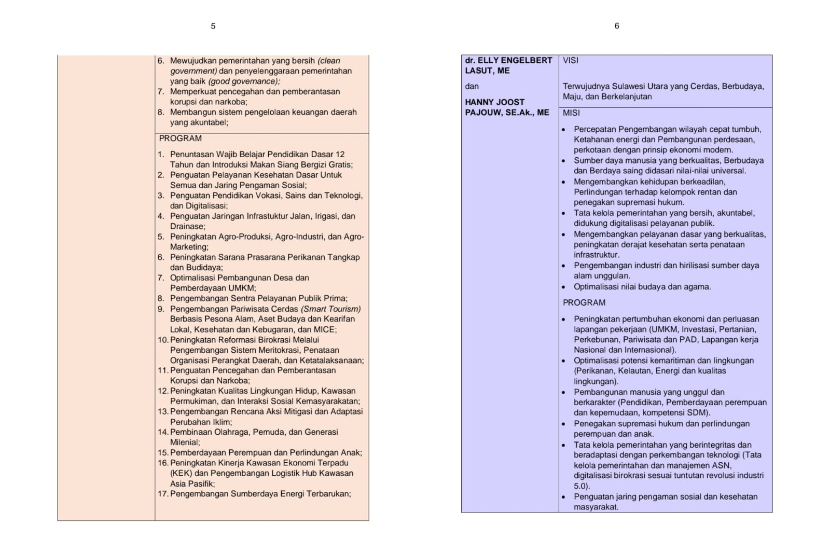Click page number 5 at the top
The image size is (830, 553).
[213, 26]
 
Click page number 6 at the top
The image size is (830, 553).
[617, 26]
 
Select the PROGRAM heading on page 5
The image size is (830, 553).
[180, 139]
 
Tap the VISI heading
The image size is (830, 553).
[571, 61]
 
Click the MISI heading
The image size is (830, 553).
[571, 113]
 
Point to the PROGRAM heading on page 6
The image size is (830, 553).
[584, 303]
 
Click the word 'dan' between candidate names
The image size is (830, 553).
[472, 87]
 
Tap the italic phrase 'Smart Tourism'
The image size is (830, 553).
[331, 309]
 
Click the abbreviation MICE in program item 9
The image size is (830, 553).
[324, 329]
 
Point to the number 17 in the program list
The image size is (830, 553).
[163, 494]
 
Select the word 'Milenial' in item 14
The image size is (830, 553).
[184, 443]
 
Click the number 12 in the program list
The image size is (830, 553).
[163, 391]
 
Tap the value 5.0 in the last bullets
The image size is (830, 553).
[580, 486]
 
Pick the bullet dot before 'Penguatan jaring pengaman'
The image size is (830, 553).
[564, 497]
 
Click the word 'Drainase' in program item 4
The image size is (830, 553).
[187, 227]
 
